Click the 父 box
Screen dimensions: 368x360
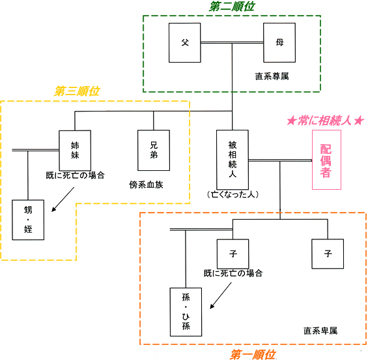(185, 42)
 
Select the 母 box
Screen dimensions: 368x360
(279, 42)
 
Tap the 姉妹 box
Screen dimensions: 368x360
(75, 151)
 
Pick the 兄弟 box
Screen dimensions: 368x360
(154, 150)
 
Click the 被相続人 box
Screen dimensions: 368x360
(233, 160)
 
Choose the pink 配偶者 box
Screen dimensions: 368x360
(326, 160)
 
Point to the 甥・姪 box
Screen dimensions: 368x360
(28, 220)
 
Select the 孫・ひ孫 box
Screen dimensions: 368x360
(186, 312)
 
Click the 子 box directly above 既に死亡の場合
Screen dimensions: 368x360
(233, 254)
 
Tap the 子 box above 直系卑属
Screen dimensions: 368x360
(328, 254)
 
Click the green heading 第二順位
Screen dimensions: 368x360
(232, 7)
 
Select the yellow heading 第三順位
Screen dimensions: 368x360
(77, 91)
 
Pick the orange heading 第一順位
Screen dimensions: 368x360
(253, 354)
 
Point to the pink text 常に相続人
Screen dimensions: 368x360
(324, 121)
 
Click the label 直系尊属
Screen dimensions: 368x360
(272, 76)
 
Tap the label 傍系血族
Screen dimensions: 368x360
(146, 185)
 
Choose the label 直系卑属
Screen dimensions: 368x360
(320, 331)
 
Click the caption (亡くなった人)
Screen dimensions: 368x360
(233, 194)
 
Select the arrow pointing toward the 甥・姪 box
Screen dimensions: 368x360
(63, 200)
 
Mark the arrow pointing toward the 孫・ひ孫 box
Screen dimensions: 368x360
(221, 295)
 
